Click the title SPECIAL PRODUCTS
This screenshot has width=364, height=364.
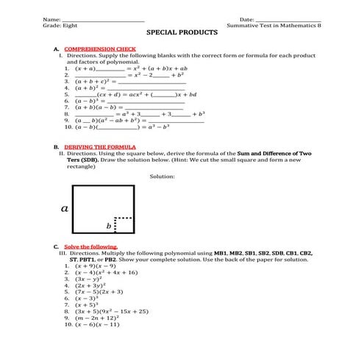(182, 33)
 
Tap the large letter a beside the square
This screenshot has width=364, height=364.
(65, 209)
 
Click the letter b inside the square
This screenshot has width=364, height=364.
(109, 226)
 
